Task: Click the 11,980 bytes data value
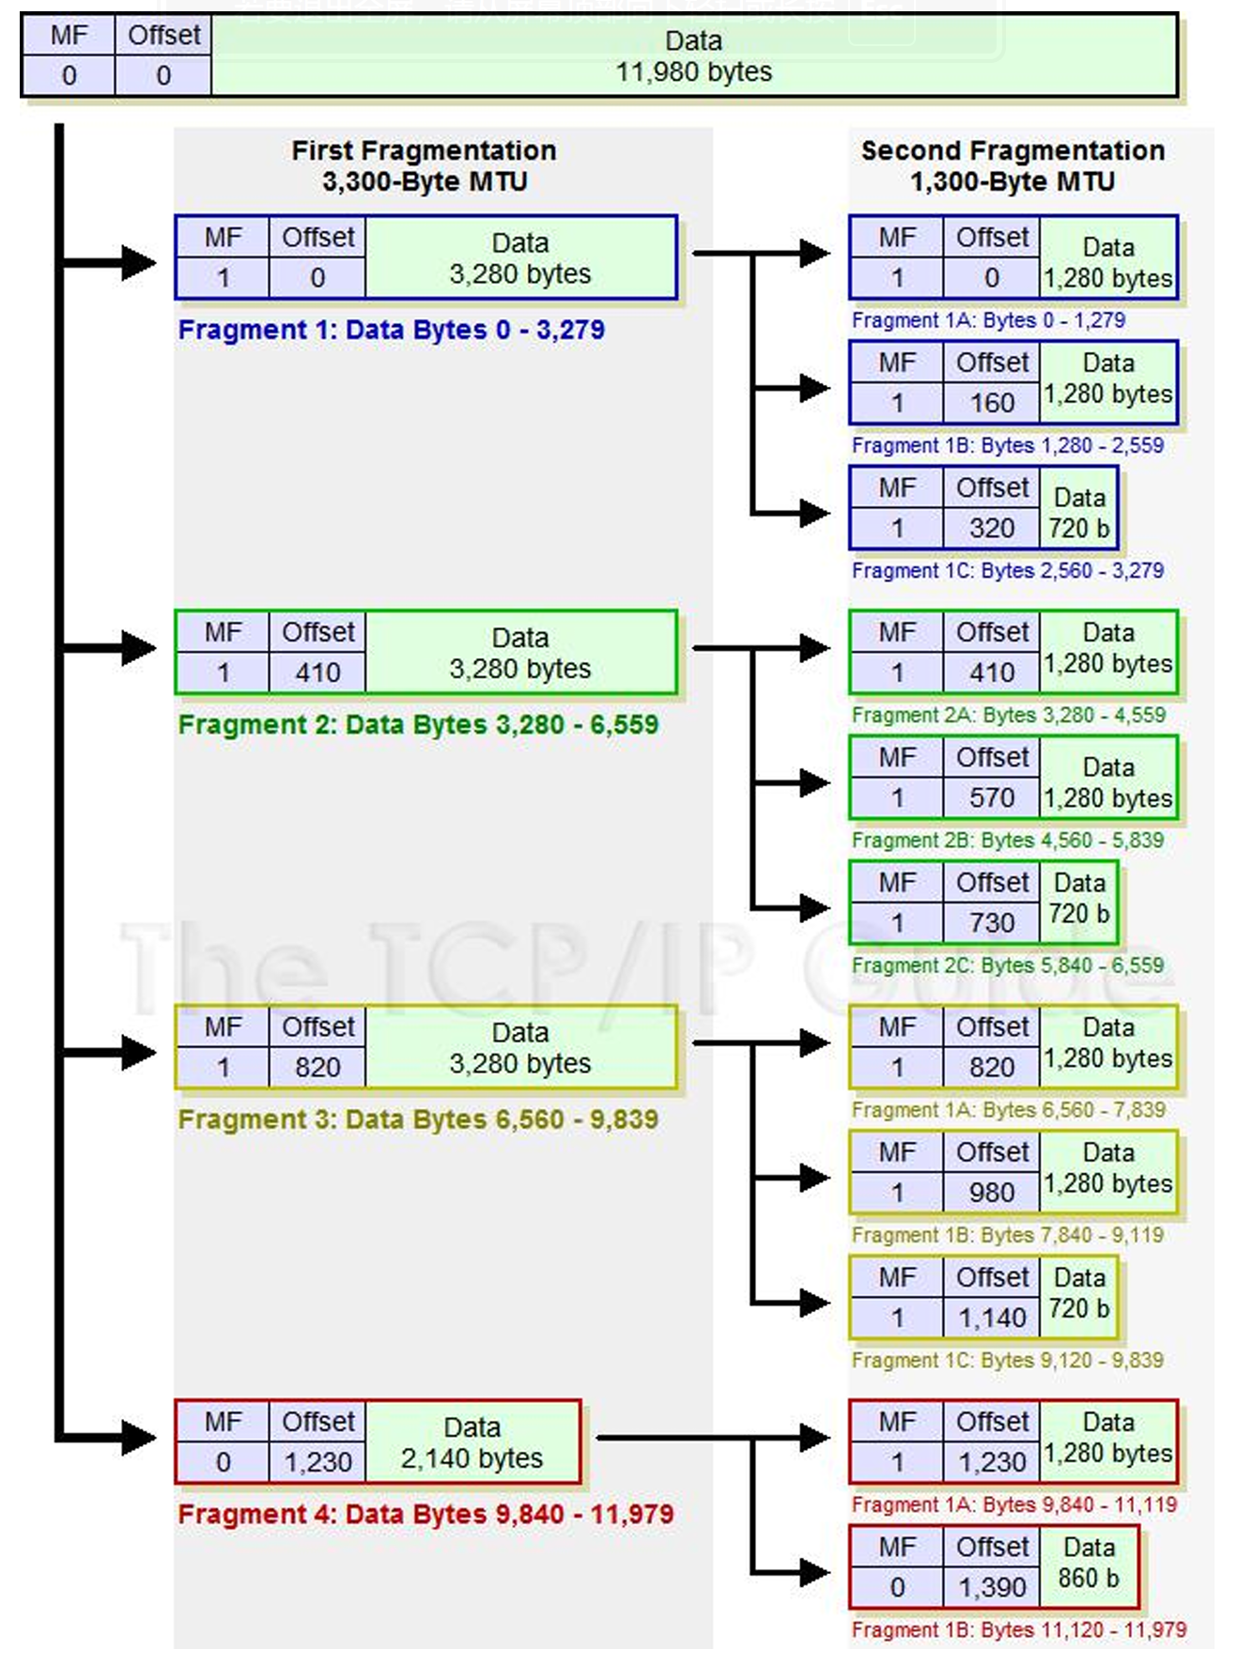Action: click(693, 72)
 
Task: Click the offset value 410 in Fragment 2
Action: click(317, 672)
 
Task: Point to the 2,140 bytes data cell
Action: click(472, 1442)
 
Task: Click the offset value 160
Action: click(992, 403)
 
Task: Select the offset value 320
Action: click(992, 529)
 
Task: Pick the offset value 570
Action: click(992, 798)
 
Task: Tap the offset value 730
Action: click(992, 923)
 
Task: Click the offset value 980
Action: click(992, 1193)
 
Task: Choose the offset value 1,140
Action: click(992, 1318)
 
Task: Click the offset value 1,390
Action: click(992, 1588)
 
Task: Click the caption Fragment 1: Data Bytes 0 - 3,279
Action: click(392, 330)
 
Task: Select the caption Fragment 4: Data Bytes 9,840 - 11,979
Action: click(426, 1514)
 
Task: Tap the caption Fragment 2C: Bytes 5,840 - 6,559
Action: click(1008, 965)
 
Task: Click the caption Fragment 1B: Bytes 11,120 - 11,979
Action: click(1019, 1629)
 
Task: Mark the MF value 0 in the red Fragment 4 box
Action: click(223, 1462)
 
